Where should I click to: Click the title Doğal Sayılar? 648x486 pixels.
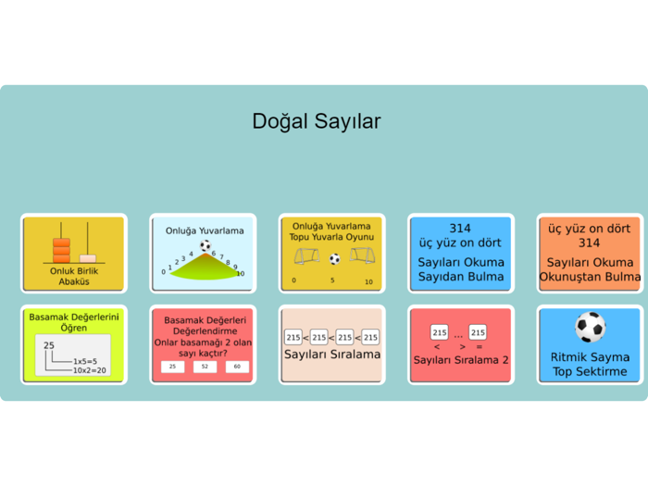316,121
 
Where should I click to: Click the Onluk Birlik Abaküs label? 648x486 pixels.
73,276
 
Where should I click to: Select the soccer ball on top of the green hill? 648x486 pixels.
206,246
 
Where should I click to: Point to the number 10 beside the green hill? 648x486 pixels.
240,273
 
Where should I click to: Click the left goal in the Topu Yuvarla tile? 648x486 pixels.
305,255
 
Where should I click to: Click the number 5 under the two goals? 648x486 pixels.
332,280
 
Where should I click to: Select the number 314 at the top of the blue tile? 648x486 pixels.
460,228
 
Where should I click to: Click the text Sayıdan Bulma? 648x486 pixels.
460,277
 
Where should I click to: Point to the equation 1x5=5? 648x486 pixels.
84,361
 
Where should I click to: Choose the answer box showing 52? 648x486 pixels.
206,367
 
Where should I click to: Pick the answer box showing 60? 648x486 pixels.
237,367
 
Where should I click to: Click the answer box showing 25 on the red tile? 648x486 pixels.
172,367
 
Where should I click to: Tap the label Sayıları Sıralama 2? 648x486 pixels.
460,359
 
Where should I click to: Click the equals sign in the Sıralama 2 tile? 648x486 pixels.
479,346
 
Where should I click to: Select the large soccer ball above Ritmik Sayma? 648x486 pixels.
590,327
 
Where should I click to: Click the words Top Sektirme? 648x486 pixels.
590,372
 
